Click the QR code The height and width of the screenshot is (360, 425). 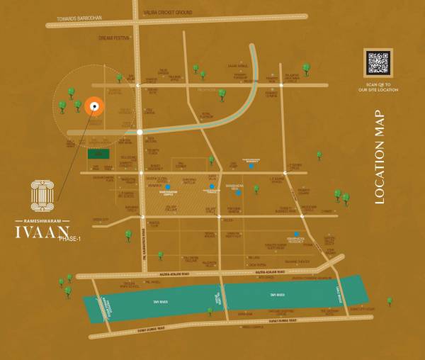click(x=378, y=63)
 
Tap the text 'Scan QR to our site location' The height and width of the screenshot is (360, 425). click(x=378, y=88)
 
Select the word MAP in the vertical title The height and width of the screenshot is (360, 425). click(x=379, y=124)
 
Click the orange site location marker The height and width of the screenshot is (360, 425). click(x=93, y=107)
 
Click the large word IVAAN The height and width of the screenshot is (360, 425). click(x=42, y=231)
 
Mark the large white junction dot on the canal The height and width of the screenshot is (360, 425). click(x=140, y=132)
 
